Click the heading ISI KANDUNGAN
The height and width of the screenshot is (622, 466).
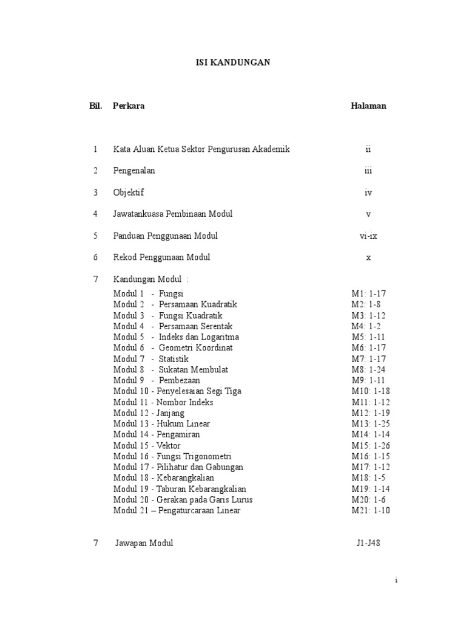(233, 62)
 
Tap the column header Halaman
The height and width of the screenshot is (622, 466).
(368, 106)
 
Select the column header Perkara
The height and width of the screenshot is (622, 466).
(129, 106)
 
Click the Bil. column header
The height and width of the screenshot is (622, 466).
(96, 106)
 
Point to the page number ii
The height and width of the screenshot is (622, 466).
(368, 149)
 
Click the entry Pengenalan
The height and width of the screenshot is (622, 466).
(134, 171)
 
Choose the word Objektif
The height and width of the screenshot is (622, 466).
(129, 193)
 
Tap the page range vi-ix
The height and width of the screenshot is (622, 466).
(368, 236)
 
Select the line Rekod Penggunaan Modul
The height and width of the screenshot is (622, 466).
(161, 258)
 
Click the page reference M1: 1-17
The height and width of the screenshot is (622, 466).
(368, 293)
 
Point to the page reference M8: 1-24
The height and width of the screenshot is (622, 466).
(368, 369)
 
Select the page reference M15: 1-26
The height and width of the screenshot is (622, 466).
(370, 446)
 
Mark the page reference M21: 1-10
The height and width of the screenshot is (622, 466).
(370, 511)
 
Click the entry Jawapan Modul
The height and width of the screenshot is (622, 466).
(144, 543)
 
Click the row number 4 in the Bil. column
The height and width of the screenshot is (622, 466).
(95, 214)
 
